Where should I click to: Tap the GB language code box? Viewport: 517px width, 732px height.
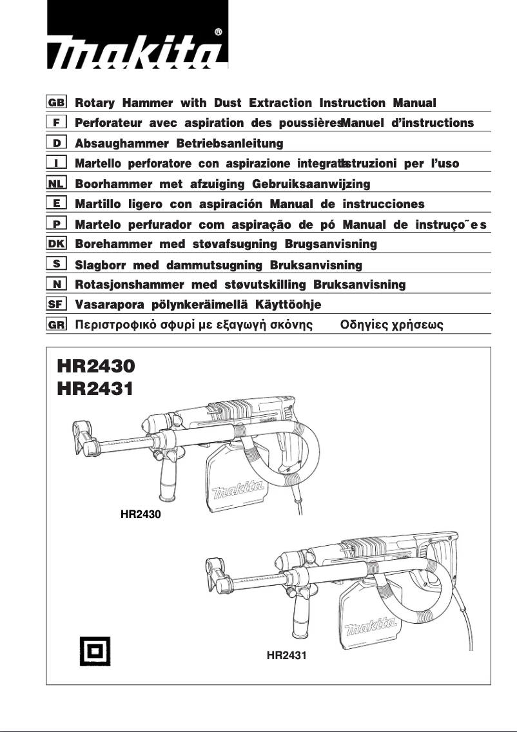57,102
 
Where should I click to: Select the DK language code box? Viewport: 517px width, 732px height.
57,244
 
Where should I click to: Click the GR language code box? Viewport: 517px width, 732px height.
57,325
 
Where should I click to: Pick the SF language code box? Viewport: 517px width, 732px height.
57,304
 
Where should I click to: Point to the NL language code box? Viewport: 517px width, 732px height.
57,184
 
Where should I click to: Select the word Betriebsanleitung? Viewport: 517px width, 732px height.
229,143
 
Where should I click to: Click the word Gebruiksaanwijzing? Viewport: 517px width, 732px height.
311,184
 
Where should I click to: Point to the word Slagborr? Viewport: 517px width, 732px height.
100,265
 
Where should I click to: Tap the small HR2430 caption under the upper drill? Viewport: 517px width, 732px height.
141,514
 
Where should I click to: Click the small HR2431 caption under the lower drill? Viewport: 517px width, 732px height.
286,655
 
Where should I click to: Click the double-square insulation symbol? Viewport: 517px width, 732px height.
95,651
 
